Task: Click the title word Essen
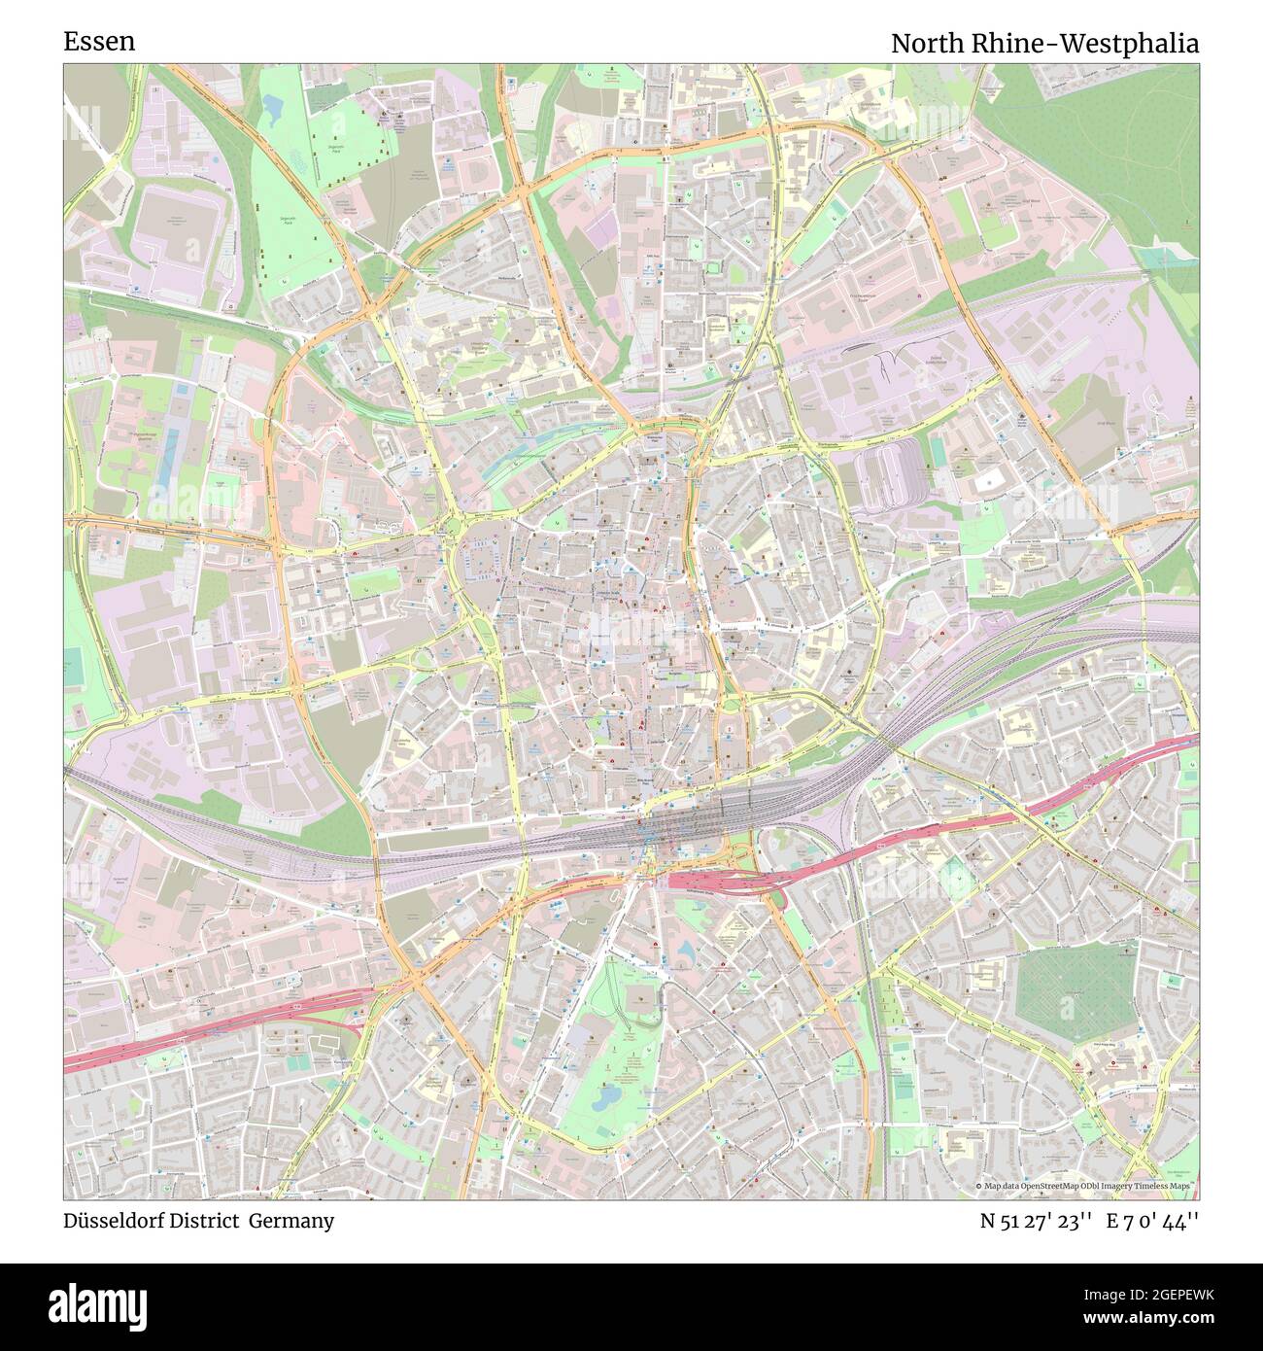click(99, 42)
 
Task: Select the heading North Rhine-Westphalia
click(1044, 44)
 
